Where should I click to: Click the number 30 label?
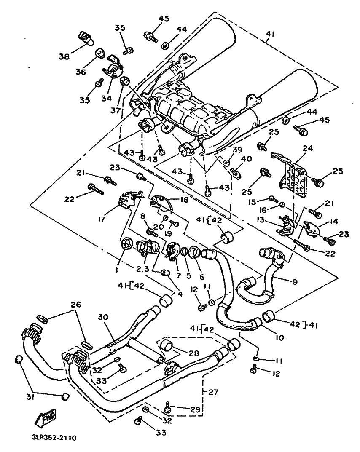point(104,317)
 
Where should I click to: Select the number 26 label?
point(75,305)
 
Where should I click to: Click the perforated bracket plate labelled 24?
point(292,177)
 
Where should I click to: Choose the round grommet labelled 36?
point(99,53)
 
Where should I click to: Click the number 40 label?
point(247,159)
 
